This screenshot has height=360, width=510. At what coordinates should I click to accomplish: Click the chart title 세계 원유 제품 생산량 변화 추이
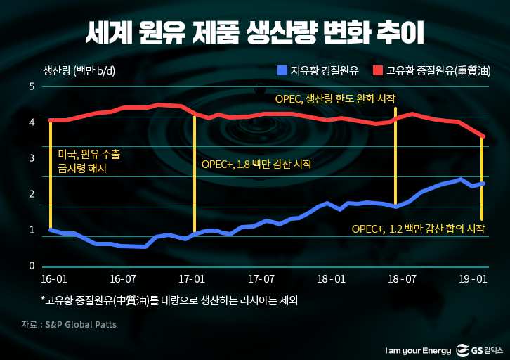(254, 32)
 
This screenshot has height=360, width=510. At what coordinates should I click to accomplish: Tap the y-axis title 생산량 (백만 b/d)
(79, 70)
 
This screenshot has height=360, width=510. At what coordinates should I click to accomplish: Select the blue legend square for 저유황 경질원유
(282, 70)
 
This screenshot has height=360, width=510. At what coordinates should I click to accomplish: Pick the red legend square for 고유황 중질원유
(377, 70)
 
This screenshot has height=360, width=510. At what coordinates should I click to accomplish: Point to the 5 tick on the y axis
(32, 86)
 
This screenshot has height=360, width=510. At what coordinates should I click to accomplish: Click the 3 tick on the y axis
(32, 158)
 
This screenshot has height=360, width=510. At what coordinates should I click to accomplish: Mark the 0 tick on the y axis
(32, 266)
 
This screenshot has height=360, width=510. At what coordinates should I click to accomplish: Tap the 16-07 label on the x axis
(123, 278)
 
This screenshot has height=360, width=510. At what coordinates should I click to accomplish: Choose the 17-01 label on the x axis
(192, 278)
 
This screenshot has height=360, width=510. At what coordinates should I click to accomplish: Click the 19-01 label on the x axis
(469, 278)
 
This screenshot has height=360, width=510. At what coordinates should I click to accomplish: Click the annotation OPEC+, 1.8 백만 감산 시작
(256, 164)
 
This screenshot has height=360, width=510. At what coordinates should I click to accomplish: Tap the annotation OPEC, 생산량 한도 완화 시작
(335, 98)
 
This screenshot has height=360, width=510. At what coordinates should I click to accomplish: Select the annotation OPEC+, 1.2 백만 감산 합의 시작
(418, 229)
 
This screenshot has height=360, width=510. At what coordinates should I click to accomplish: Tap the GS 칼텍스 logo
(481, 349)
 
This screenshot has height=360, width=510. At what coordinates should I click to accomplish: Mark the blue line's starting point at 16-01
(51, 229)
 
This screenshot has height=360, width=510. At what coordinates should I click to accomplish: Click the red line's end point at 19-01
(483, 136)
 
